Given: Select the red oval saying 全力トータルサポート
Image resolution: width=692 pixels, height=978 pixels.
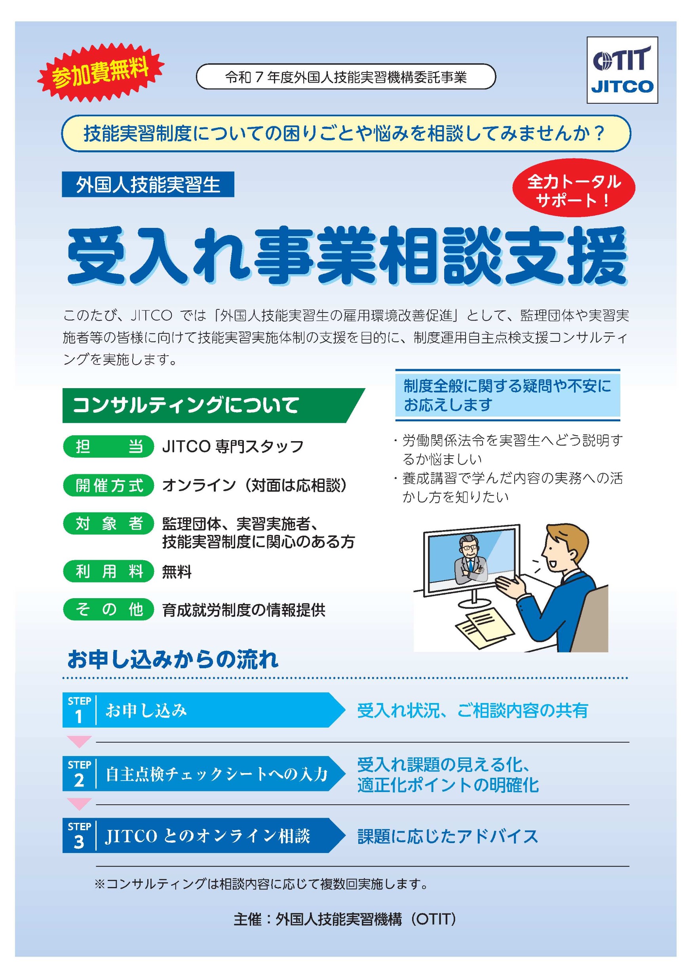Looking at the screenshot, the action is pyautogui.click(x=574, y=188).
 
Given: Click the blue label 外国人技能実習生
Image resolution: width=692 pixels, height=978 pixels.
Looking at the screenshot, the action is pyautogui.click(x=148, y=184).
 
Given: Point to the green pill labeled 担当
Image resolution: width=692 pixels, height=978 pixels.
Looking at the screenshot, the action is pyautogui.click(x=108, y=446).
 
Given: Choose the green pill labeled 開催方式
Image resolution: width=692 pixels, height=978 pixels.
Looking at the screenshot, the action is pyautogui.click(x=108, y=485).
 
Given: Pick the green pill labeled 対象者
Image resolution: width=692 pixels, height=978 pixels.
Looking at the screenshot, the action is pyautogui.click(x=108, y=523).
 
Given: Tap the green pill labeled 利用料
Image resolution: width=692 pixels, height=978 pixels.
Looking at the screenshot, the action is pyautogui.click(x=108, y=571).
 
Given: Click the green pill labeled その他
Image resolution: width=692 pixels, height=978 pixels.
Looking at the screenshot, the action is pyautogui.click(x=108, y=610).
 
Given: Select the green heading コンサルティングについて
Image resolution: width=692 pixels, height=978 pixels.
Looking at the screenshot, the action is pyautogui.click(x=213, y=405).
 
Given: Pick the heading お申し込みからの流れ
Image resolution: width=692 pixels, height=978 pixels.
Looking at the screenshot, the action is pyautogui.click(x=173, y=660).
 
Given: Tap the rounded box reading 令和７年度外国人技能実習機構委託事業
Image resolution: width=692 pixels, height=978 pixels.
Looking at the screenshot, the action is pyautogui.click(x=346, y=77).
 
